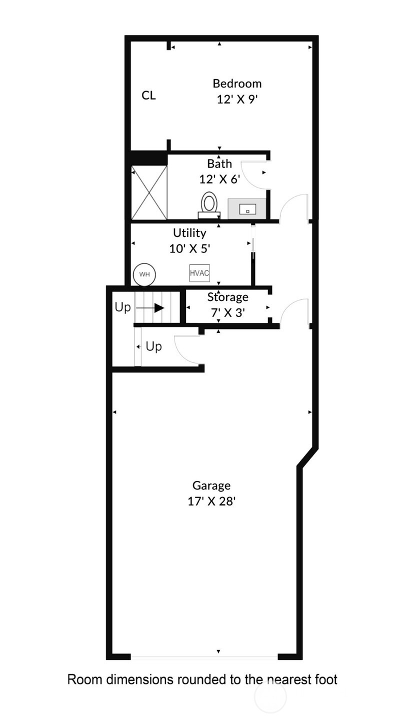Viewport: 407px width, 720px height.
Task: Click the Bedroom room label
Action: [x=237, y=83]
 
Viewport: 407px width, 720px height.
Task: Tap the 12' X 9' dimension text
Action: [x=237, y=99]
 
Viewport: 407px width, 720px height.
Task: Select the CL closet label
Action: [x=148, y=95]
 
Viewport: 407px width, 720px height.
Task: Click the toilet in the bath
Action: [x=209, y=204]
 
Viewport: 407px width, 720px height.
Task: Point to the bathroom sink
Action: [x=247, y=209]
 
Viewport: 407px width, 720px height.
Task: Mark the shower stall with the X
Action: [x=149, y=192]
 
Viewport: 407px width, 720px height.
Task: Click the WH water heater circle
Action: [x=144, y=274]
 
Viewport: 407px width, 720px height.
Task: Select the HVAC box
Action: [x=199, y=273]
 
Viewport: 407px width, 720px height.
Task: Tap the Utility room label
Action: [x=189, y=232]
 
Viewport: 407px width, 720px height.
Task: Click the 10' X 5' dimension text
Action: [x=189, y=248]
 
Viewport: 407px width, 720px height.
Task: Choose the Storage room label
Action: [x=227, y=297]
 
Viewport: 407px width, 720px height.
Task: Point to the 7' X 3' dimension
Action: [x=227, y=312]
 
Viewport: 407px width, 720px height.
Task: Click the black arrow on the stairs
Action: [x=159, y=308]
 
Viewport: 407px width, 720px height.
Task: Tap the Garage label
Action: [x=211, y=485]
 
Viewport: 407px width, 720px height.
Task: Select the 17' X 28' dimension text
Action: [x=211, y=501]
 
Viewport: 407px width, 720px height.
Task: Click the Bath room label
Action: [x=219, y=163]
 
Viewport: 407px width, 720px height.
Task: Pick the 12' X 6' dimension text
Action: [x=219, y=179]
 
